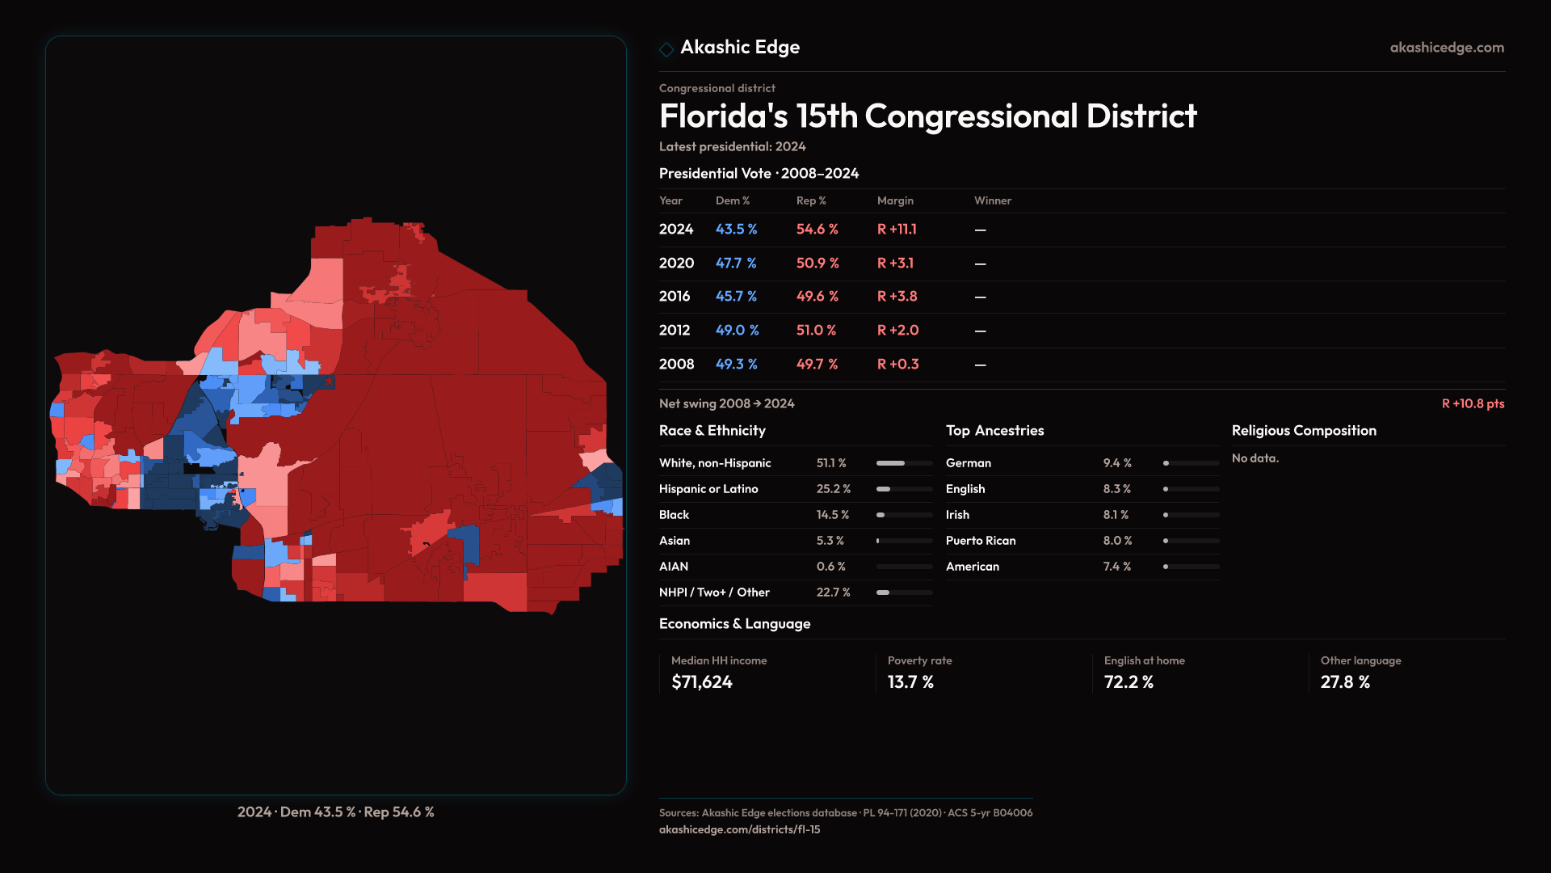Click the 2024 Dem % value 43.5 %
(x=736, y=230)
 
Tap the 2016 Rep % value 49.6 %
(x=817, y=297)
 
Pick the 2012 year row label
(x=675, y=331)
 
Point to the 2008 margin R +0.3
(x=897, y=365)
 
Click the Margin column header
(x=895, y=200)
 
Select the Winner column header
(x=992, y=200)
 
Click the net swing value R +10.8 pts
(x=1473, y=403)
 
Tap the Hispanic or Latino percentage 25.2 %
(x=833, y=489)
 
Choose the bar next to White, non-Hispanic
(x=904, y=463)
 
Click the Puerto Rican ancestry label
(x=981, y=541)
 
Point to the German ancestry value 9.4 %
(x=1117, y=463)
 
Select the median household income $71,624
(x=702, y=682)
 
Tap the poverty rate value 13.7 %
(x=910, y=682)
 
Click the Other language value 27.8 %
(x=1345, y=682)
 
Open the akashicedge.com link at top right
(x=1447, y=48)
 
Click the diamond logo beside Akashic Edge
(x=666, y=49)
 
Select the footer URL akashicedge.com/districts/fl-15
(x=739, y=829)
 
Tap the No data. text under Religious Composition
(x=1255, y=458)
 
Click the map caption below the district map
(x=335, y=812)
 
